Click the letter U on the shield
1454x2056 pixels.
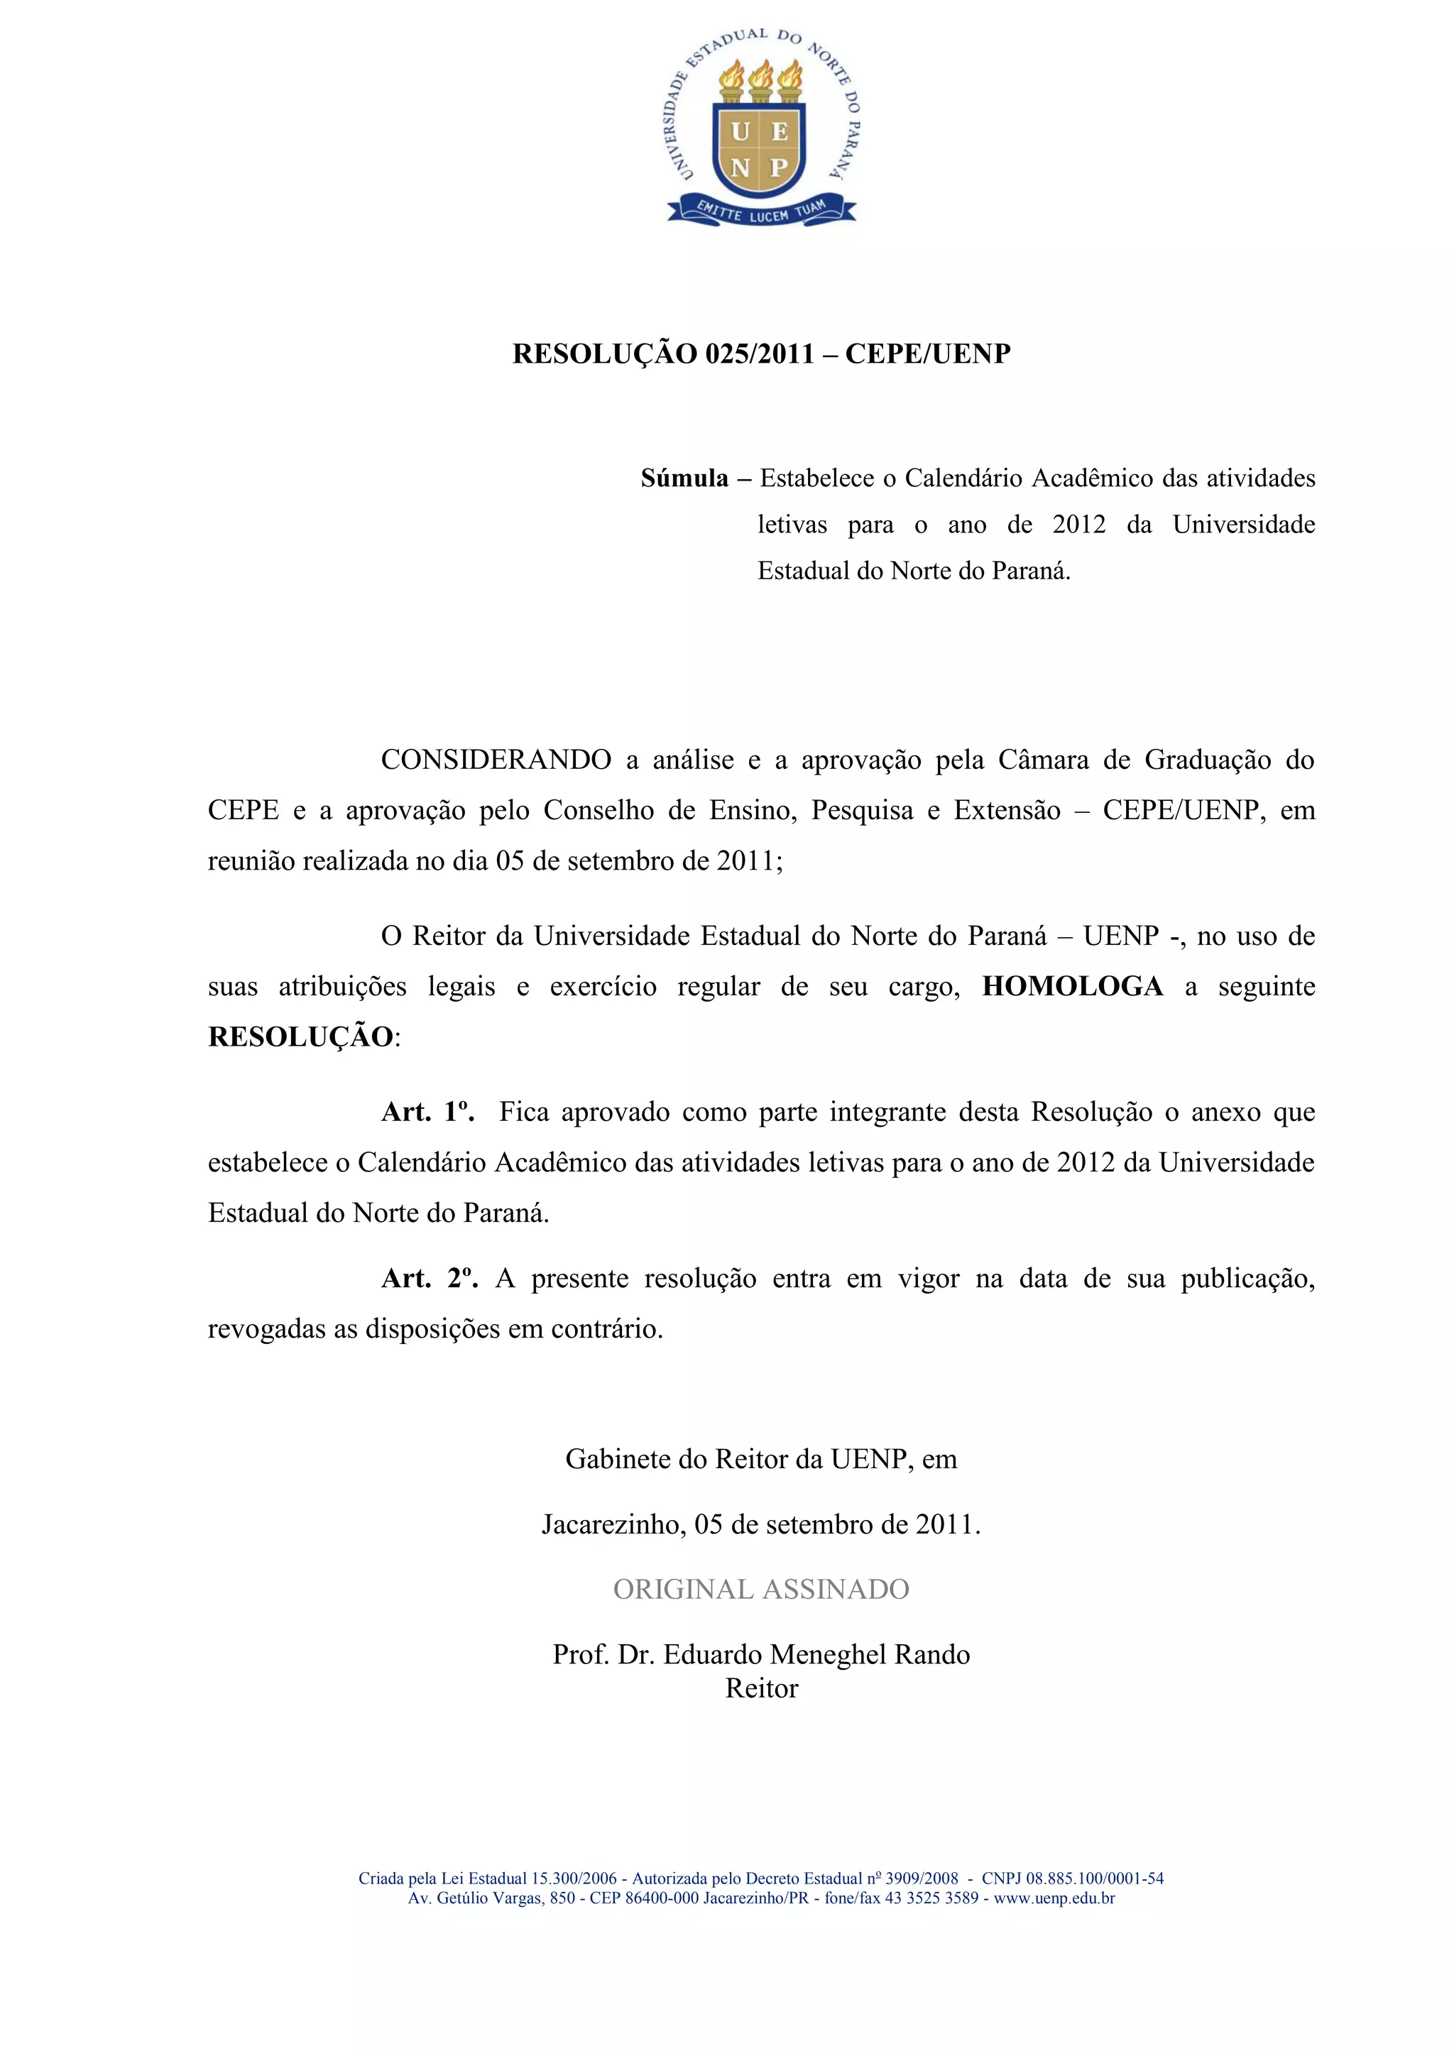[x=740, y=133]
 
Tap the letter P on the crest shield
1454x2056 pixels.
[x=779, y=168]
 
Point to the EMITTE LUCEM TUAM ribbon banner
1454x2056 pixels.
[x=761, y=212]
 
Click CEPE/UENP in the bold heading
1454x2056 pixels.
[x=927, y=354]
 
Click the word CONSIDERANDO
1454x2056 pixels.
[x=496, y=760]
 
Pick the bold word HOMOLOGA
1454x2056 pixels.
[x=1073, y=986]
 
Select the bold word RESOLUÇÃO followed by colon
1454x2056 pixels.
[x=301, y=1037]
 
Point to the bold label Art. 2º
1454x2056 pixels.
[x=429, y=1278]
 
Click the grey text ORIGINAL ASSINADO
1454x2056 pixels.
[x=761, y=1589]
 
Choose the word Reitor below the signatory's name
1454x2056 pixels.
[x=761, y=1688]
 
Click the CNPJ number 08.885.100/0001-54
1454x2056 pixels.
[x=1094, y=1878]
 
